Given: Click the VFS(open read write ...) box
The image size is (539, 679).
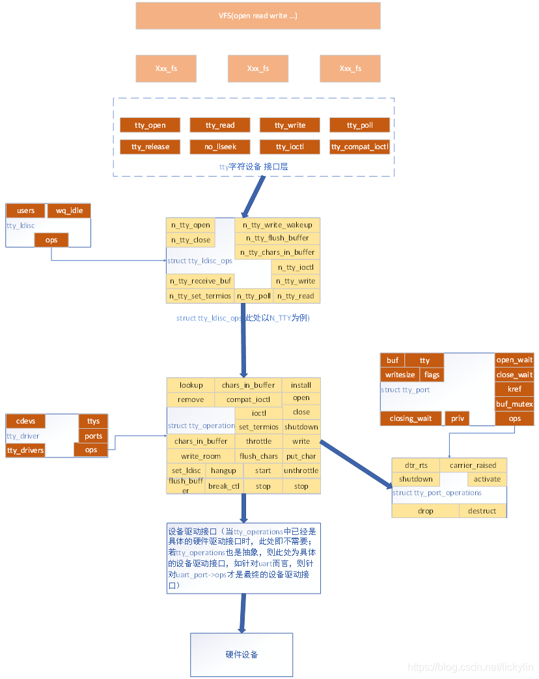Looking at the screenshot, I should pos(258,16).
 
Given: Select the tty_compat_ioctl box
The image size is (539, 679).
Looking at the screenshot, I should pos(359,147).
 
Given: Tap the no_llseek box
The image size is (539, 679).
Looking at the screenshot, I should pos(219,147).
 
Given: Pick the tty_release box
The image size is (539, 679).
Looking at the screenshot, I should pos(150,147).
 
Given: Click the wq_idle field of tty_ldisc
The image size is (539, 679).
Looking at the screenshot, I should pos(69,210).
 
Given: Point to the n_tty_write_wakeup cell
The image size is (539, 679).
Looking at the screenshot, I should pos(277,225).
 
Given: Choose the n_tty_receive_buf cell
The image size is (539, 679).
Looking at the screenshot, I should pos(200,281).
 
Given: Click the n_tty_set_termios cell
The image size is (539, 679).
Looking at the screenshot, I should pos(200,296).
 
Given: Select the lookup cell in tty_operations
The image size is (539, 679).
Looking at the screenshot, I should pos(191,385).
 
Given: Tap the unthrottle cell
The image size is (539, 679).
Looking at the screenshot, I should pos(301,470).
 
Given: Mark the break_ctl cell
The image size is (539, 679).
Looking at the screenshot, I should pos(224,486).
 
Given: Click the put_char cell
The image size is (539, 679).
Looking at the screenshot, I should pos(301,456).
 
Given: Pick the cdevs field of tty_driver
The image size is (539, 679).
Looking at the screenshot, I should pos(25,421).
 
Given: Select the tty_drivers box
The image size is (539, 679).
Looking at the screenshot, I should pos(25,450).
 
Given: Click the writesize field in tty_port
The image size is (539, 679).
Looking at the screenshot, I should pos(400,375).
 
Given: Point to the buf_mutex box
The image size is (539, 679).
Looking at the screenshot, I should pos(514,404).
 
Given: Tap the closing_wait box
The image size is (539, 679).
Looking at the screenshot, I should pos(410,418).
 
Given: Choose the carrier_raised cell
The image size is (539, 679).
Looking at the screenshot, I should pos(473,465).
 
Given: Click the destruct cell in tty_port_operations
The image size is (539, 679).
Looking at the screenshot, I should pos(482,511).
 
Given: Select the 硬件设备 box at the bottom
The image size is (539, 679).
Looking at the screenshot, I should pos(242,654).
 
